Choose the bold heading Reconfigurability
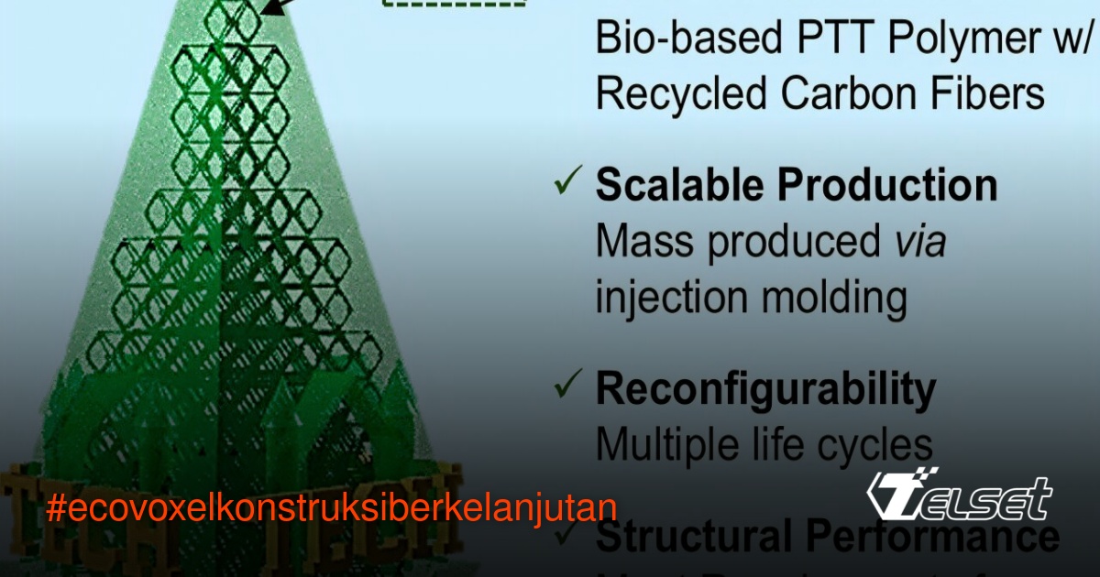766,391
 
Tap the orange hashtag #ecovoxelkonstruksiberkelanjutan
331,508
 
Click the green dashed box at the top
448,4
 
